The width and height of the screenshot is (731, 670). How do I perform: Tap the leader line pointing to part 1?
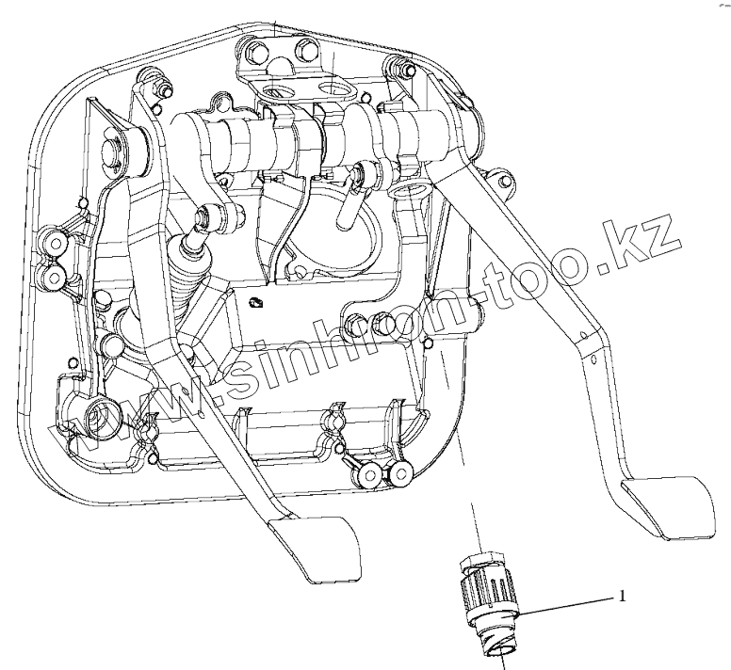[565, 605]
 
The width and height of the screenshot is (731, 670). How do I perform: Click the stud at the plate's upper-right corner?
[397, 68]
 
